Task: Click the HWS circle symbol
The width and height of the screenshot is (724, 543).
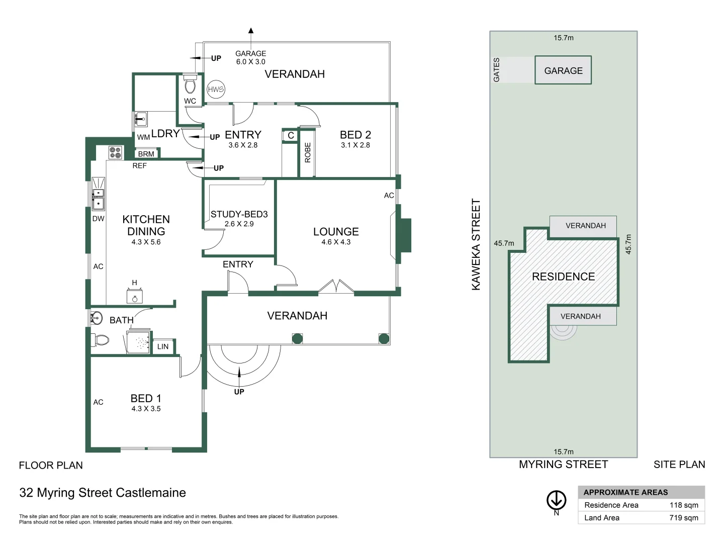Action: click(x=216, y=89)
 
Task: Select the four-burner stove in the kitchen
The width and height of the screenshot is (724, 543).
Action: click(x=116, y=152)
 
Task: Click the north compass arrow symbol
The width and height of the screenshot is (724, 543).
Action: click(x=557, y=500)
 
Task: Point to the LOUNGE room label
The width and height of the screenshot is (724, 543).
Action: click(x=336, y=232)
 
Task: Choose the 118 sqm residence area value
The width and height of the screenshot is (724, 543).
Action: click(x=683, y=505)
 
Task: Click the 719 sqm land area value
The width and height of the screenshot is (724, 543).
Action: click(x=683, y=518)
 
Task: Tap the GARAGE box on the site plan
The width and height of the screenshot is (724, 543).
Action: click(x=563, y=70)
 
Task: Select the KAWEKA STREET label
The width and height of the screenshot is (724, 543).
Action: click(x=476, y=244)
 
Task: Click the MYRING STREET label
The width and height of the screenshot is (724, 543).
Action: click(x=563, y=465)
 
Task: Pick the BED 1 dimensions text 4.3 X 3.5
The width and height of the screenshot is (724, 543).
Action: click(x=146, y=409)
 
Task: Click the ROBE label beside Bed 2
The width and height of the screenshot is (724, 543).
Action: click(x=308, y=152)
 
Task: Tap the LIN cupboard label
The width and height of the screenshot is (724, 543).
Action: click(x=163, y=346)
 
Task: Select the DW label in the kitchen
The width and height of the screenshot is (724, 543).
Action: click(x=99, y=219)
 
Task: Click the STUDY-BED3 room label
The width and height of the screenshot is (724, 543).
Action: click(x=239, y=214)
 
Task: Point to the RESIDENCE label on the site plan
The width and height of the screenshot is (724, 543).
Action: click(x=563, y=277)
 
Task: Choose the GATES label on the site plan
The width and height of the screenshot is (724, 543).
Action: click(x=497, y=70)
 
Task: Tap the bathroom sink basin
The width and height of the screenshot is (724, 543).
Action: click(x=96, y=318)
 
